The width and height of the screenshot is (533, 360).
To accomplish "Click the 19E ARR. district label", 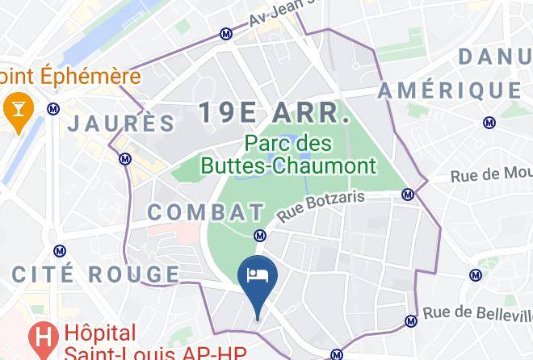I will [275, 113].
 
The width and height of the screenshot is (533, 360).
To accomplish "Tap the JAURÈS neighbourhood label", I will [121, 123].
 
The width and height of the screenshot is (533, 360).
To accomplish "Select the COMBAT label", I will [207, 213].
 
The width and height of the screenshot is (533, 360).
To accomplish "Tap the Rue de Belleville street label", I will [477, 312].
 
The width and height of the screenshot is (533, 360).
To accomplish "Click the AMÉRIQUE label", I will [450, 90].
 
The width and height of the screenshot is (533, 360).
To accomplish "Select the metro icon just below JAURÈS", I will [125, 159].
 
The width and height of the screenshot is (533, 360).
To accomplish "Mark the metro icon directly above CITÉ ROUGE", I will [57, 251].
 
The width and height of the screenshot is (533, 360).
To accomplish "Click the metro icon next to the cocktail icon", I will [53, 108].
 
